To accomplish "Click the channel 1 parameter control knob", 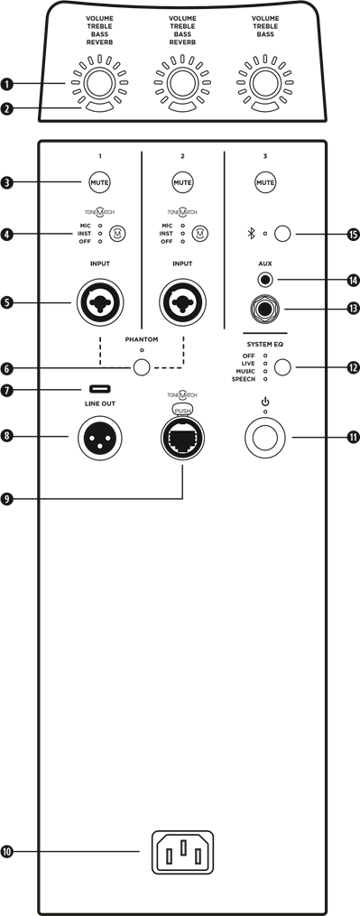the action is pos(97,83).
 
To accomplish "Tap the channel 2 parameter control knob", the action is pos(181,83).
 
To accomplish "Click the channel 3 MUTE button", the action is pos(265,182).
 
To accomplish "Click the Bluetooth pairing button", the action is pos(282,234).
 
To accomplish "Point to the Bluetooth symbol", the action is pos(251,235).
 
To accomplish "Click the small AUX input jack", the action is pos(265,280).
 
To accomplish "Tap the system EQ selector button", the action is pos(282,367).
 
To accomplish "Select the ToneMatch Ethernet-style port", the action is pos(181,439).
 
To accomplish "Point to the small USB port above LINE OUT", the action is pos(99,390).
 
